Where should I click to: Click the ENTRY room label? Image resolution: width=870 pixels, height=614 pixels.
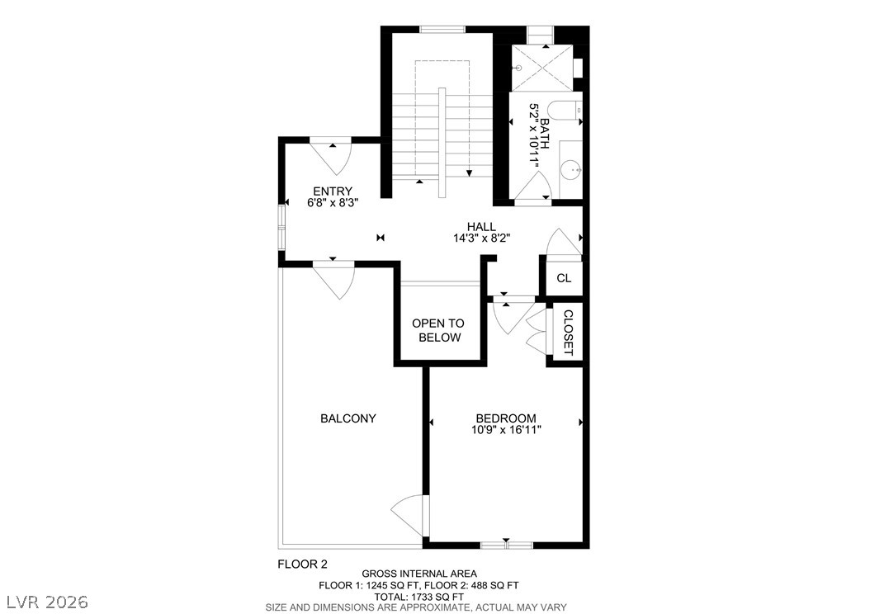coord(333,191)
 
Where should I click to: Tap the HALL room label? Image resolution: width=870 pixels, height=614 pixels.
coord(481,227)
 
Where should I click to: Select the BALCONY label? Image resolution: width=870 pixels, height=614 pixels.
coord(348,418)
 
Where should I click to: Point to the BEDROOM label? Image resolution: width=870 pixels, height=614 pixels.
coord(505,418)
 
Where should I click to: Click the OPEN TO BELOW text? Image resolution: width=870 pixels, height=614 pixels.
coord(438,330)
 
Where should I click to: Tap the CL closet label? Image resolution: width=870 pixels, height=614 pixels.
coord(564,278)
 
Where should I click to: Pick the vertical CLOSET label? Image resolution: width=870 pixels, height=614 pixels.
coord(568,333)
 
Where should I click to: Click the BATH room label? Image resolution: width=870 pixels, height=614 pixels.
coord(545,133)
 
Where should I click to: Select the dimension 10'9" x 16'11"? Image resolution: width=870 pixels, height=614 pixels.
coord(505,429)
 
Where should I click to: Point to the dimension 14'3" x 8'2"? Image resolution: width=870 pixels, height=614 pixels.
coord(481,238)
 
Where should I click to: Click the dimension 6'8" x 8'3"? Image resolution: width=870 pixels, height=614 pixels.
coord(333,202)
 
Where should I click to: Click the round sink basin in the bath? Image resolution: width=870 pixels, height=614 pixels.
coord(571,168)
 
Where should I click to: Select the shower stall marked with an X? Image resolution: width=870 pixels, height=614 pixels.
coord(541,68)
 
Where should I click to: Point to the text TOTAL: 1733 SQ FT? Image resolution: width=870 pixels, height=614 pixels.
coord(419,597)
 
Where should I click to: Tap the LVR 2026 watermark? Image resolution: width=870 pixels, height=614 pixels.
coord(48,602)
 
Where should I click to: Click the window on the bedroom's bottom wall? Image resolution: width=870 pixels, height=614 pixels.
coord(507,546)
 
